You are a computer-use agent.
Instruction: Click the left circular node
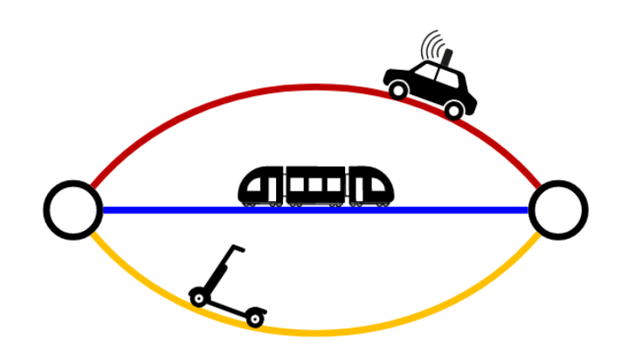pyautogui.click(x=73, y=210)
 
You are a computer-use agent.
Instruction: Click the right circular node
pyautogui.click(x=558, y=210)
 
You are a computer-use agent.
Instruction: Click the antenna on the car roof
pyautogui.click(x=447, y=58)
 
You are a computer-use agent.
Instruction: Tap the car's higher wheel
pyautogui.click(x=398, y=89)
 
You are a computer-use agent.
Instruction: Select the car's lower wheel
pyautogui.click(x=453, y=109)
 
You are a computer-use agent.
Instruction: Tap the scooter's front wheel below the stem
pyautogui.click(x=198, y=298)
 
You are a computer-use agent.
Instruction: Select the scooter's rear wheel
pyautogui.click(x=254, y=319)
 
